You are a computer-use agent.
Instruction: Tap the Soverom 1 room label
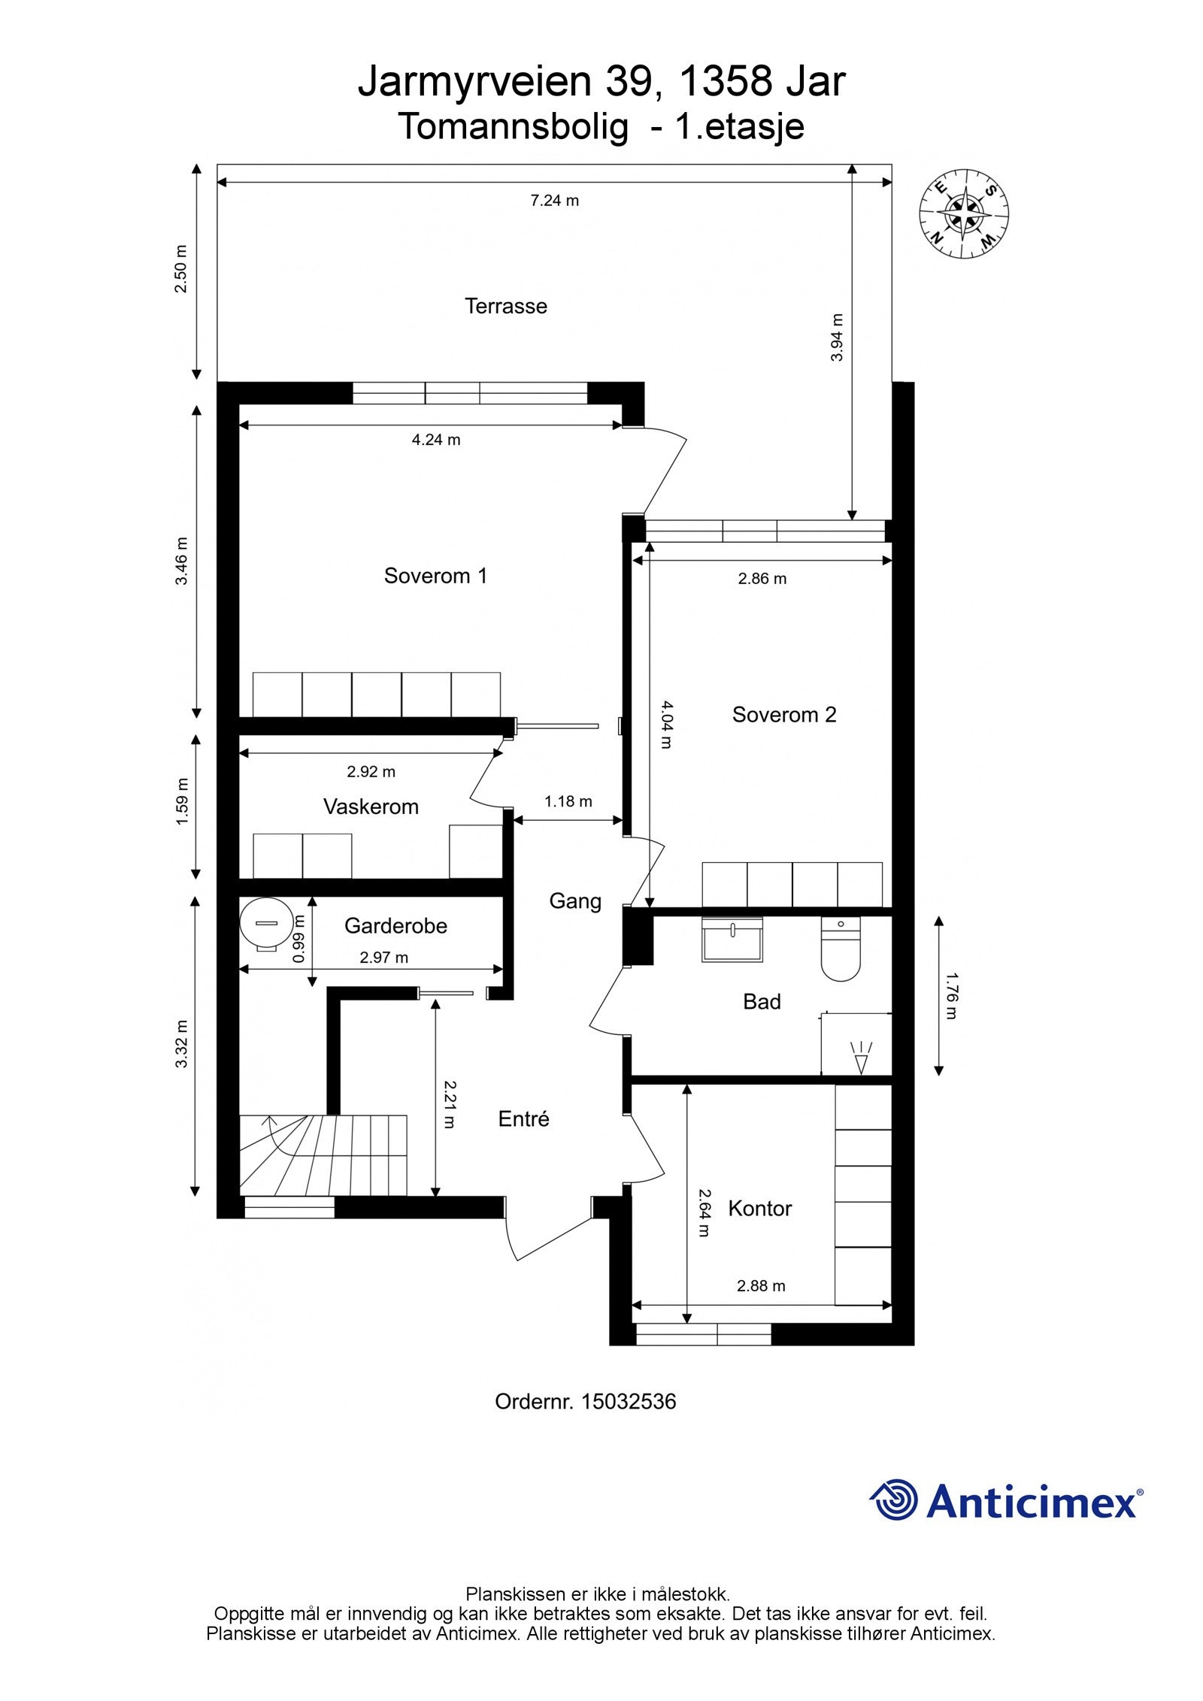click(x=435, y=576)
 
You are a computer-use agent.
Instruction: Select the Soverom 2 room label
click(x=784, y=714)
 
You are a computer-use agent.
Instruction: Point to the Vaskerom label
click(x=371, y=807)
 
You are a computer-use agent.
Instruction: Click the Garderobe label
click(x=395, y=925)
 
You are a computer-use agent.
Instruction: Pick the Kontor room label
click(x=760, y=1209)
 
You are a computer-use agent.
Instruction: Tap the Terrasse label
click(x=506, y=306)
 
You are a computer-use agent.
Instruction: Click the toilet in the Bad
click(x=841, y=949)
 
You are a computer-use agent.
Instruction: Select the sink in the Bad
click(x=732, y=939)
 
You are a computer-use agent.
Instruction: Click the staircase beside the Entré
click(x=323, y=1155)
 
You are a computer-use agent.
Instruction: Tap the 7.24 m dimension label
click(x=555, y=201)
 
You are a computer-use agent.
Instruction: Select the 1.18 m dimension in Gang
click(x=568, y=801)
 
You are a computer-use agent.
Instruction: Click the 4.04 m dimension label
click(x=667, y=725)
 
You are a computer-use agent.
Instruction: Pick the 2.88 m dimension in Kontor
click(x=761, y=1285)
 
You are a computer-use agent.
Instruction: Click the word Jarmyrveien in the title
click(x=476, y=82)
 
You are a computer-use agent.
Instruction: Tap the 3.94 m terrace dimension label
click(x=837, y=337)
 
